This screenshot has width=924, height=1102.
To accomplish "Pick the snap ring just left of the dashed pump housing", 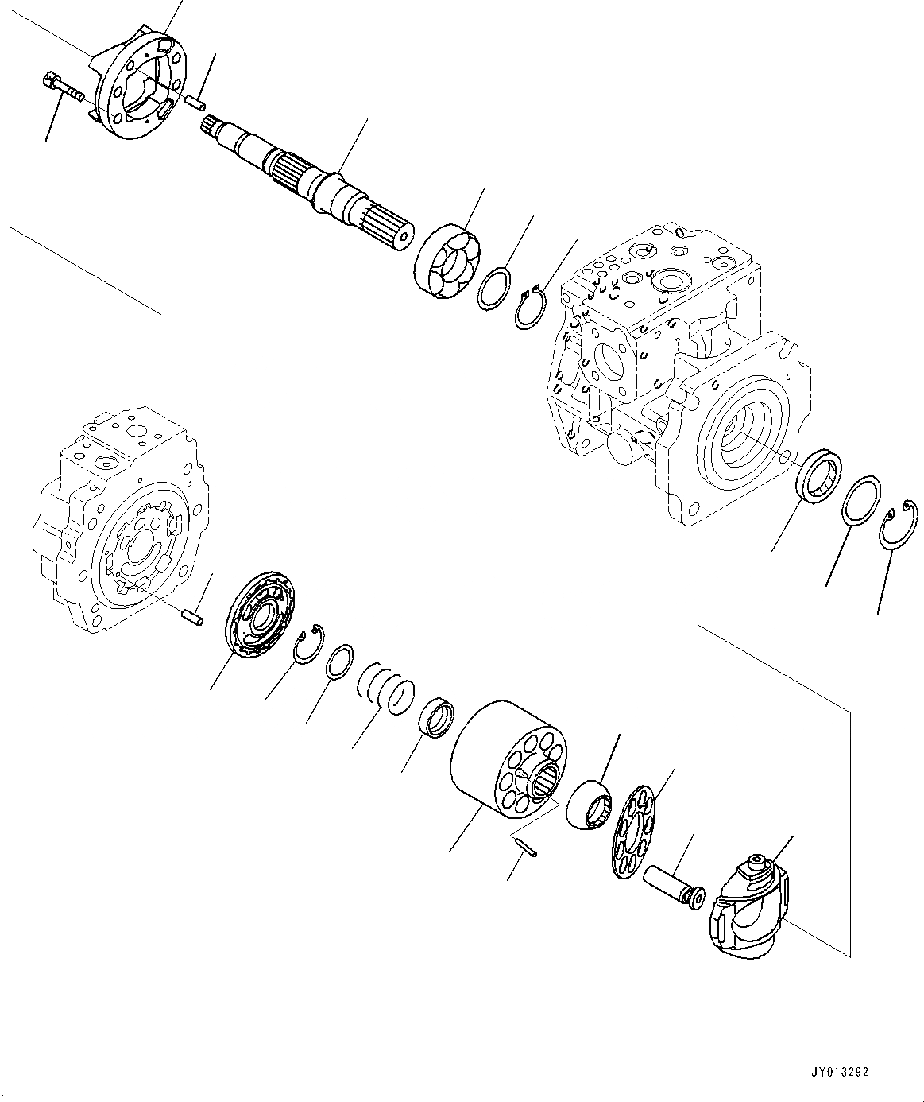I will click(x=528, y=309).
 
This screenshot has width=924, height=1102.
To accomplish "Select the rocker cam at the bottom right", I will click(x=747, y=906).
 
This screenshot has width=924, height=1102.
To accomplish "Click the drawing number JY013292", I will click(x=840, y=1072).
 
